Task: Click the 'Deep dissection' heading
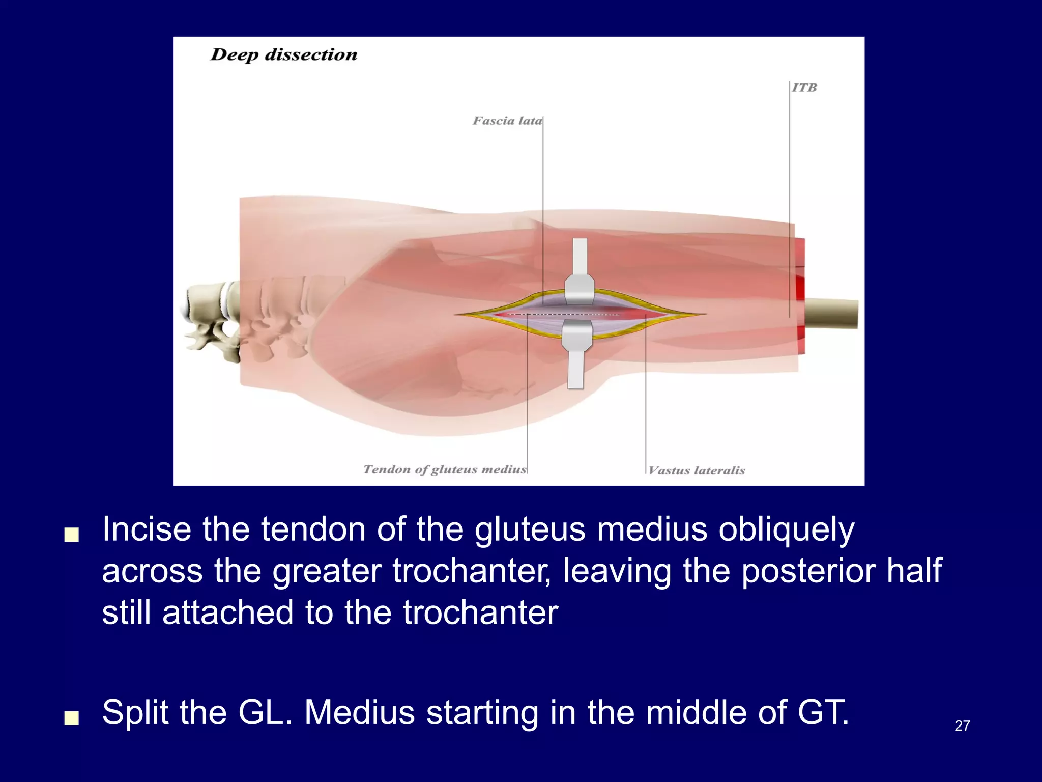(283, 55)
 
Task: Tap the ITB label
(804, 88)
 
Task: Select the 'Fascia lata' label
(507, 121)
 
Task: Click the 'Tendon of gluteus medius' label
(444, 469)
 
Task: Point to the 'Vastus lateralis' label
(697, 470)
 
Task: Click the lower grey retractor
(576, 356)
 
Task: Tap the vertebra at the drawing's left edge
(209, 316)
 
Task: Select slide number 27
(962, 725)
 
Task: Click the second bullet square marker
(72, 718)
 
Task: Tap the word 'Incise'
(147, 529)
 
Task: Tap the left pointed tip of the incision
(457, 314)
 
